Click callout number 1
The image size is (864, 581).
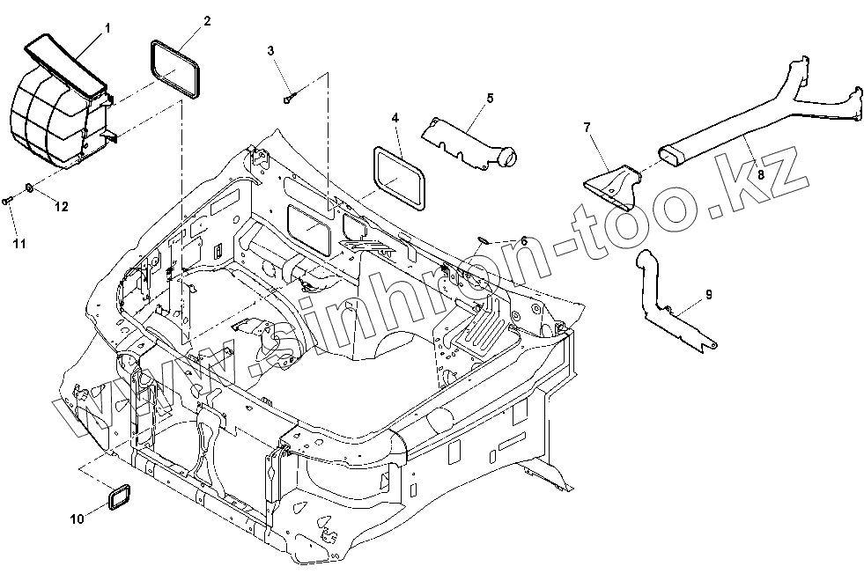pyautogui.click(x=107, y=27)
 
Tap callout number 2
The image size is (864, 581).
pyautogui.click(x=207, y=21)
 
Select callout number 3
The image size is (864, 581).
pyautogui.click(x=270, y=51)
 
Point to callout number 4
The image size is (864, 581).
pyautogui.click(x=395, y=118)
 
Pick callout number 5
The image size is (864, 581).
pyautogui.click(x=490, y=98)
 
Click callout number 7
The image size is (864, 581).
pyautogui.click(x=587, y=128)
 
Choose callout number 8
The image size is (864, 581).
pyautogui.click(x=761, y=175)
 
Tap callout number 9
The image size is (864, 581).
pyautogui.click(x=709, y=295)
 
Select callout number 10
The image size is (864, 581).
pyautogui.click(x=78, y=518)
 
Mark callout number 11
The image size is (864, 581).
pyautogui.click(x=19, y=244)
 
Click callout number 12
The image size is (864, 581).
pyautogui.click(x=61, y=207)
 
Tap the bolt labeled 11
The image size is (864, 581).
pyautogui.click(x=7, y=201)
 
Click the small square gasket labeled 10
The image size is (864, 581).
pyautogui.click(x=120, y=497)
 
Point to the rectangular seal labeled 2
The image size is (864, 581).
pyautogui.click(x=174, y=70)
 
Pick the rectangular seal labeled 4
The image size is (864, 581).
pyautogui.click(x=400, y=179)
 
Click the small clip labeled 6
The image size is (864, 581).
pyautogui.click(x=484, y=239)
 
